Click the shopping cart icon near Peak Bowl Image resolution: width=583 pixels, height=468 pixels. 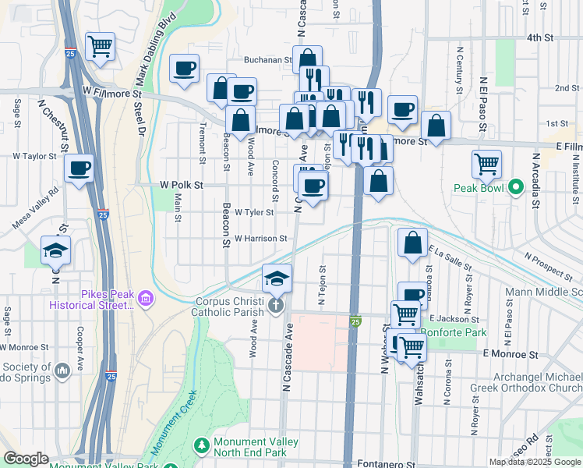[x=486, y=164]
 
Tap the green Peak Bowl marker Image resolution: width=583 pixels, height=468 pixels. [x=514, y=188]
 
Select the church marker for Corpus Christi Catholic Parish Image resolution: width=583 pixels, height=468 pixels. [x=275, y=304]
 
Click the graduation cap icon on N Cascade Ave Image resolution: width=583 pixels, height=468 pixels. [x=275, y=277]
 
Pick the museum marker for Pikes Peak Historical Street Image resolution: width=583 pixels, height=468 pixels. [x=144, y=298]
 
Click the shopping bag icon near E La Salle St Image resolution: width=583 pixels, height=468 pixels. [x=412, y=242]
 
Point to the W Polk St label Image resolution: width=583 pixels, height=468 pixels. [x=181, y=186]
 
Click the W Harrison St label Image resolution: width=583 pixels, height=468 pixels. [x=261, y=239]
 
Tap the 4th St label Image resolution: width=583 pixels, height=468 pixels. [x=539, y=37]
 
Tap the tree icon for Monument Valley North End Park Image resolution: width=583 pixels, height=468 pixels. [x=202, y=445]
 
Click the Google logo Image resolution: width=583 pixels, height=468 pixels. [x=26, y=459]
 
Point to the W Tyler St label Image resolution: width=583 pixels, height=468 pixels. [x=254, y=212]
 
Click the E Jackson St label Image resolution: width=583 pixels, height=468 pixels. [x=453, y=319]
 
